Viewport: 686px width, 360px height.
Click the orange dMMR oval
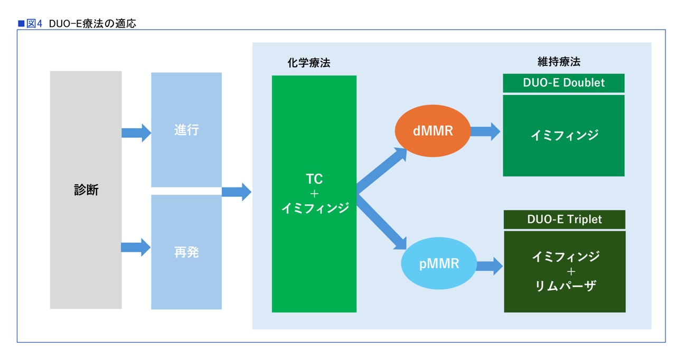[x=433, y=131]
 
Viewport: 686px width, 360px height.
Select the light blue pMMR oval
[x=439, y=263]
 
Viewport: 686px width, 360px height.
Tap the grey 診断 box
[x=86, y=190]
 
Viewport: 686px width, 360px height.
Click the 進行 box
[x=186, y=130]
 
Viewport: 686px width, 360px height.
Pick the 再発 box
[x=186, y=252]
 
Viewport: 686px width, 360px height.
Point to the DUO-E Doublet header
[x=563, y=83]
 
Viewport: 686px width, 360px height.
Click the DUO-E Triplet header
[x=565, y=220]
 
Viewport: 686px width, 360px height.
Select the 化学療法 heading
[x=309, y=63]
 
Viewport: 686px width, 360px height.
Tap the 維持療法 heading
[x=559, y=62]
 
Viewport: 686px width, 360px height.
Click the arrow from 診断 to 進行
[x=136, y=133]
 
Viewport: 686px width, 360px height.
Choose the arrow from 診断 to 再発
[x=136, y=248]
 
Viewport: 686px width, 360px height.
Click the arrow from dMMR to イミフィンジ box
[x=485, y=131]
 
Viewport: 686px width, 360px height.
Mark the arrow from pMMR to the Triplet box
[x=490, y=266]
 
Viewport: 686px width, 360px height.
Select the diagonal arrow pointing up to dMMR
[x=382, y=170]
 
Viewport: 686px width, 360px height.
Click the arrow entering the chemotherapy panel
[x=237, y=192]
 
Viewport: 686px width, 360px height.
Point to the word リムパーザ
[x=566, y=286]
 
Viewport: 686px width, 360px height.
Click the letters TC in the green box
[x=314, y=179]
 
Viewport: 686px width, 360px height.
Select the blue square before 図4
[x=21, y=24]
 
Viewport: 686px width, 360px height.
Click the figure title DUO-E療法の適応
[x=92, y=24]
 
